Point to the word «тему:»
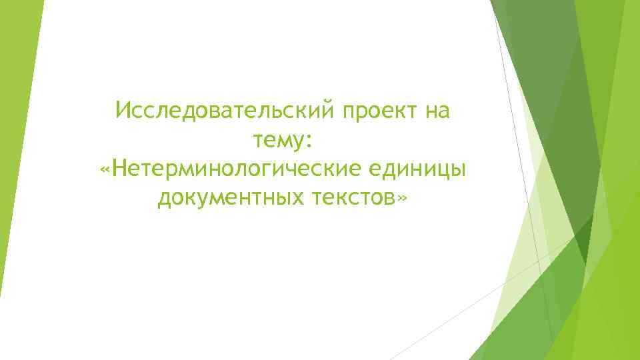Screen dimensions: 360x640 pyautogui.click(x=283, y=141)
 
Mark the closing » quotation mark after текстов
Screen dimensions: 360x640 pyautogui.click(x=401, y=199)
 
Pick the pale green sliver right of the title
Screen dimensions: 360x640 pyautogui.click(x=533, y=200)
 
